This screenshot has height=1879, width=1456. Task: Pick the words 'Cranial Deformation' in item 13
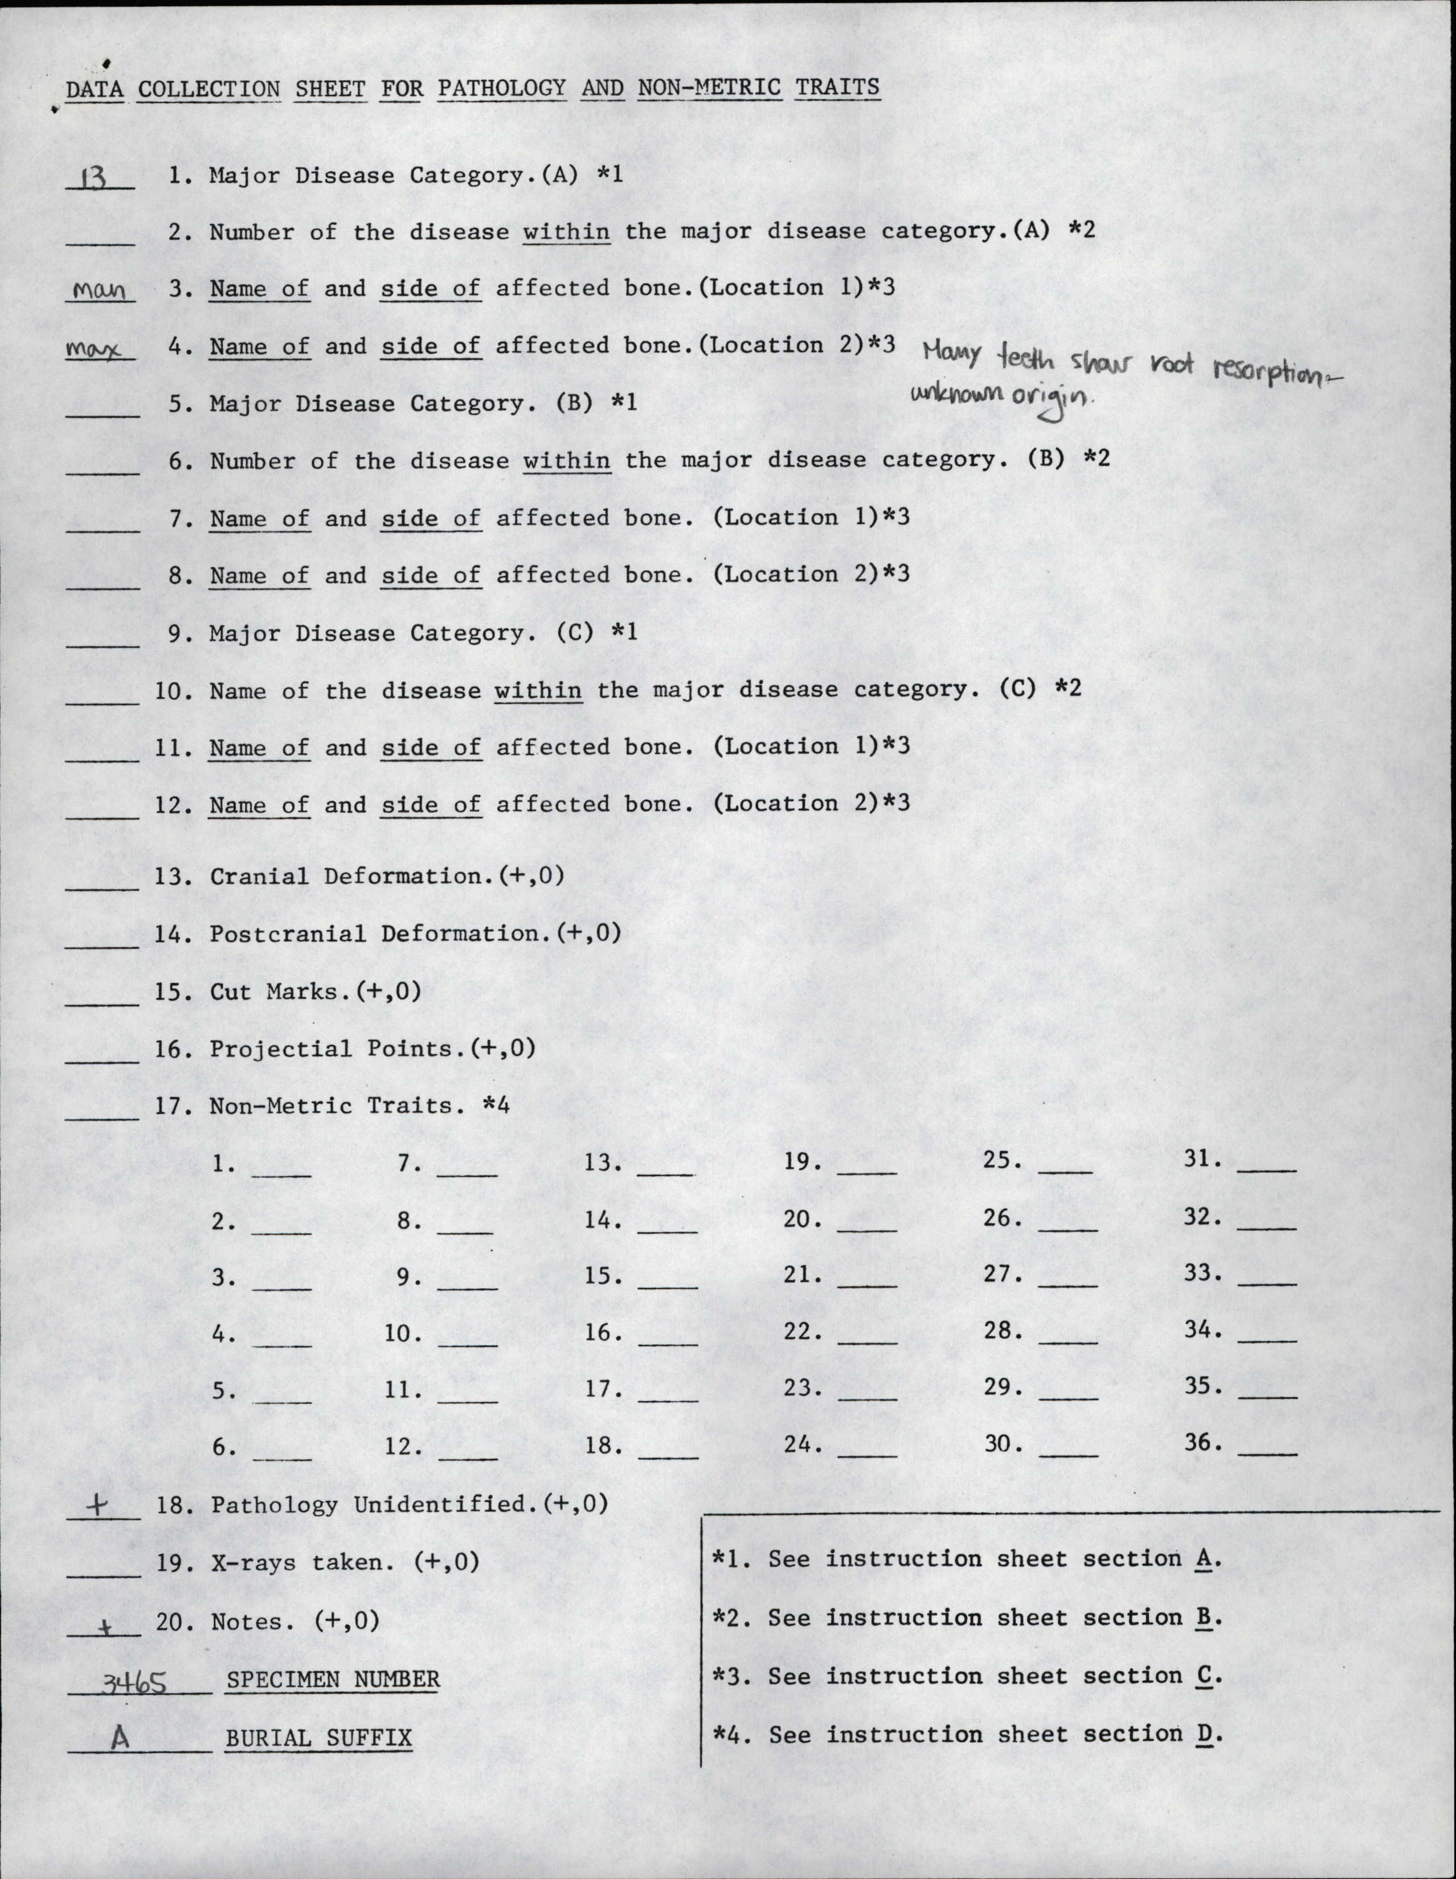344,876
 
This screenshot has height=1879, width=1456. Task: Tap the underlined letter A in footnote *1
1205,1559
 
